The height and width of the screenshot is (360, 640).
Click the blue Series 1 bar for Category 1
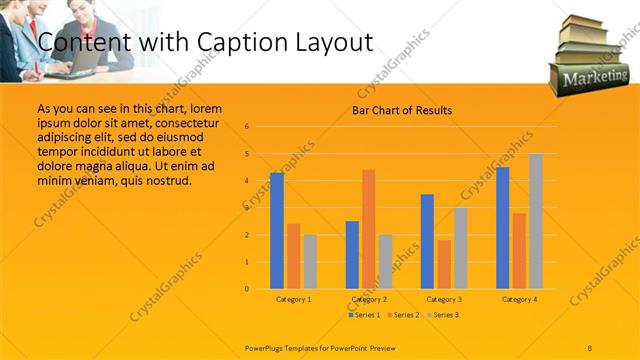pyautogui.click(x=277, y=231)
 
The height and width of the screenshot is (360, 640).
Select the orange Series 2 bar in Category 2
pyautogui.click(x=369, y=229)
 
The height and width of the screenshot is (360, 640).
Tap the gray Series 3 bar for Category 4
pyautogui.click(x=536, y=221)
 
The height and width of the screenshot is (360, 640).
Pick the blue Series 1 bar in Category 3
pyautogui.click(x=427, y=241)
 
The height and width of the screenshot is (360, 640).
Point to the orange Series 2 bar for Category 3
pyautogui.click(x=444, y=264)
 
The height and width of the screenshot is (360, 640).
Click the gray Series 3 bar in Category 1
pyautogui.click(x=310, y=262)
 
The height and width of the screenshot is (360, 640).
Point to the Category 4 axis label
pyautogui.click(x=519, y=299)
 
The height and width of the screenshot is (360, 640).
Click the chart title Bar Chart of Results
pyautogui.click(x=402, y=111)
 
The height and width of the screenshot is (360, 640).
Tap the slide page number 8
pyautogui.click(x=590, y=346)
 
